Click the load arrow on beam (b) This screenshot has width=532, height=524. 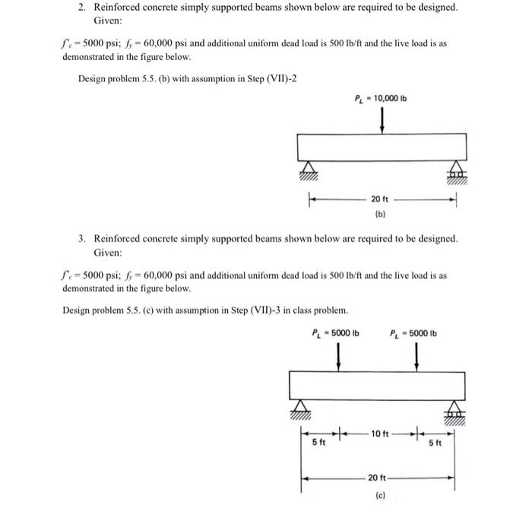click(x=381, y=119)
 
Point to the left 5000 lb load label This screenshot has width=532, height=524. click(x=336, y=333)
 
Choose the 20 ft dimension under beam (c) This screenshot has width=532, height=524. click(x=378, y=478)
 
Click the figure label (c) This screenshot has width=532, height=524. click(x=378, y=495)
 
